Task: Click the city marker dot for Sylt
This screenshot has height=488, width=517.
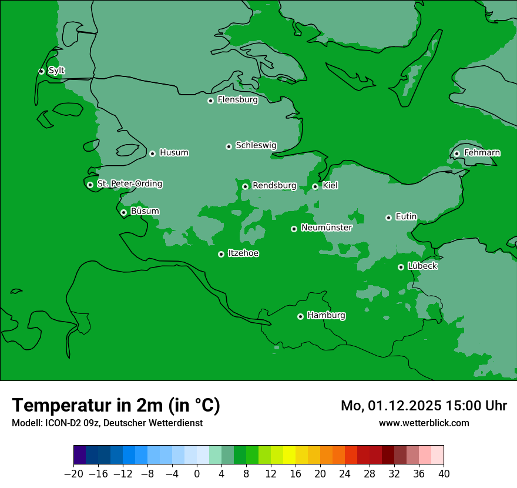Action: (41, 71)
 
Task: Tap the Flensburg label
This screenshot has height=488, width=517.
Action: (237, 100)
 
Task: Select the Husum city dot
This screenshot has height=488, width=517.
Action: (152, 153)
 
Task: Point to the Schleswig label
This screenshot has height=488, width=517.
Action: (256, 145)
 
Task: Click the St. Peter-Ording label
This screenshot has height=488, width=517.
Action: (129, 184)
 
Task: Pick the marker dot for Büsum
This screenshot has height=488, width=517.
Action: (123, 213)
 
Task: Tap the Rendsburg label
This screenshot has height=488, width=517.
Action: (274, 186)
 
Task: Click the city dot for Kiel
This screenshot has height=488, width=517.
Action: (315, 186)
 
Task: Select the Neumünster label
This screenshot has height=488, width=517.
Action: (326, 228)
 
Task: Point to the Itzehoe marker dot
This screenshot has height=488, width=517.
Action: (221, 254)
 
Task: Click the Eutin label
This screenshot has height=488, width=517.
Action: (406, 217)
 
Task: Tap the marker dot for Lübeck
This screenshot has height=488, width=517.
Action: (401, 267)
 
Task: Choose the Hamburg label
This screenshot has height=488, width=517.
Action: (326, 316)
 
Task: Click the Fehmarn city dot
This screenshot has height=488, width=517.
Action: (456, 153)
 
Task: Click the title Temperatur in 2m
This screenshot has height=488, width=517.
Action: (116, 405)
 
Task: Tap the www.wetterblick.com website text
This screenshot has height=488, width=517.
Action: (424, 423)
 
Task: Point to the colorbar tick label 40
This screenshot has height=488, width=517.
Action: (444, 474)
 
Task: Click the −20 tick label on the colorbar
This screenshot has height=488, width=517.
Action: (73, 474)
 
